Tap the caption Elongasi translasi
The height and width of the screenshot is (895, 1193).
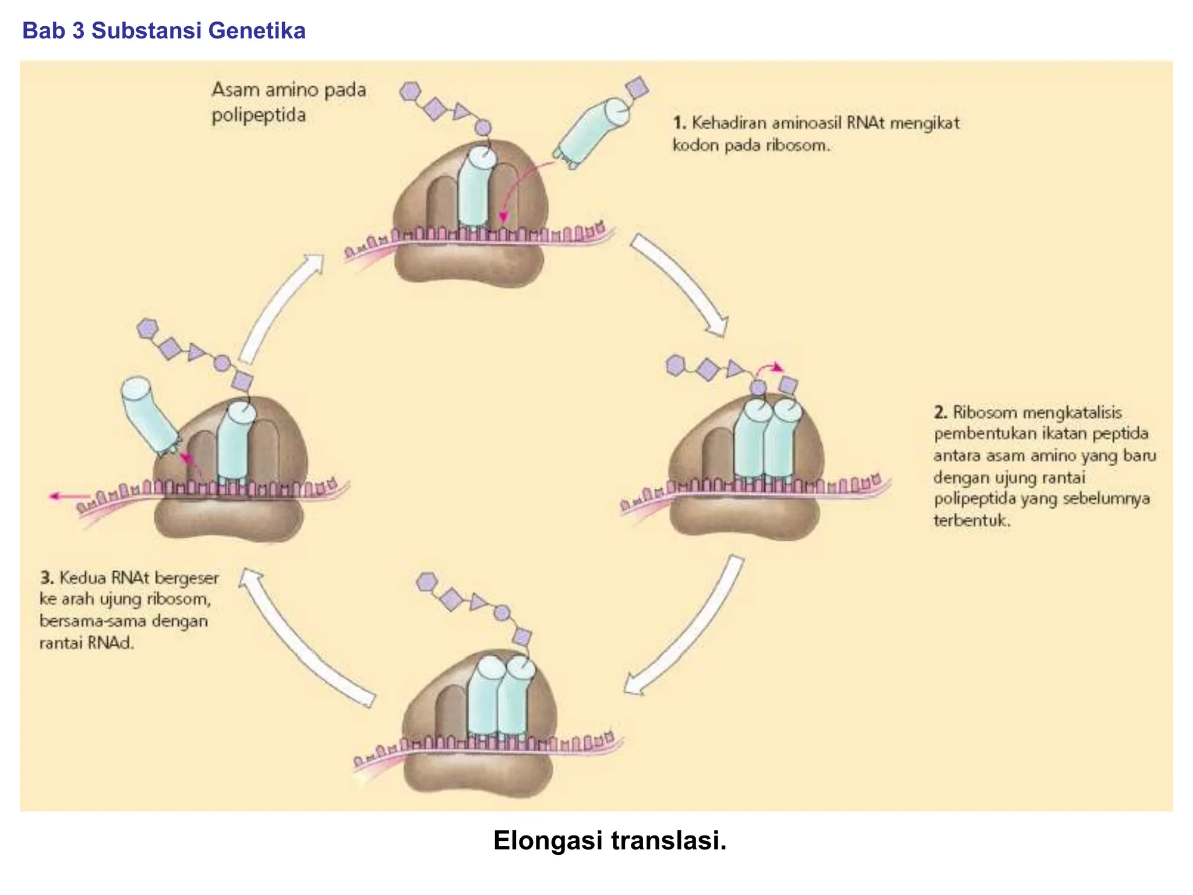pyautogui.click(x=609, y=840)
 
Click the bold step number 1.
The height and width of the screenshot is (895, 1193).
pyautogui.click(x=679, y=123)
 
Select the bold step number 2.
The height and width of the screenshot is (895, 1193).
pyautogui.click(x=940, y=413)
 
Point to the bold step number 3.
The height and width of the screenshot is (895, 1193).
pyautogui.click(x=47, y=578)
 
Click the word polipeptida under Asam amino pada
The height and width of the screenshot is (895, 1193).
pyautogui.click(x=258, y=115)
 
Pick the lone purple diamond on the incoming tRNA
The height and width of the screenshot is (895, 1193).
pyautogui.click(x=636, y=87)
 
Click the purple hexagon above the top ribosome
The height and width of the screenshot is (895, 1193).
pyautogui.click(x=410, y=91)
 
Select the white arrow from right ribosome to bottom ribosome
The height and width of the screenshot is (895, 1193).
pyautogui.click(x=687, y=629)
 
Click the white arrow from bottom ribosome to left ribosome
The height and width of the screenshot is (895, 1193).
pyautogui.click(x=303, y=638)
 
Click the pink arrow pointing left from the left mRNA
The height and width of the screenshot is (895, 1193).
pyautogui.click(x=67, y=496)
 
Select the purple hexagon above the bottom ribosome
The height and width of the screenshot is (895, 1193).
pyautogui.click(x=427, y=582)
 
